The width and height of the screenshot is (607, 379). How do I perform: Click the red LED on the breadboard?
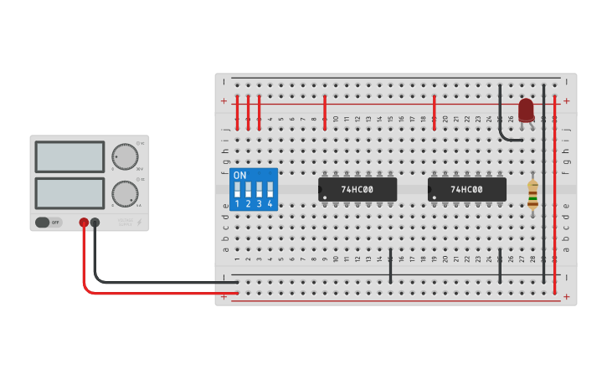tap(526, 110)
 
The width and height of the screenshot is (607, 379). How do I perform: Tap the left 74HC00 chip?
tap(357, 189)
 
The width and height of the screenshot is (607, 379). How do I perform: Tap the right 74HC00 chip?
tap(466, 189)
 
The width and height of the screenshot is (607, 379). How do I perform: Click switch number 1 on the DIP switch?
tap(237, 190)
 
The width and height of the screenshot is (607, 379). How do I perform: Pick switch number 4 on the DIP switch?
tap(270, 190)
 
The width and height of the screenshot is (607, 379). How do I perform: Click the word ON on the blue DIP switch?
tap(240, 176)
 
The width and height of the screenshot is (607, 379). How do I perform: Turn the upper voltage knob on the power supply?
tap(125, 156)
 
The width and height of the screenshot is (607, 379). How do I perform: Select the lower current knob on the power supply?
tap(125, 193)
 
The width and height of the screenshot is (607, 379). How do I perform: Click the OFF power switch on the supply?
tap(49, 223)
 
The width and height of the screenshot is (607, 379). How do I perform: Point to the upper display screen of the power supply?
tap(69, 156)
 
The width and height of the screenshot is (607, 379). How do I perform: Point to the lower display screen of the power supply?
tap(69, 193)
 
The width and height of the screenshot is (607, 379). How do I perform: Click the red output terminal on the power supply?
tap(84, 223)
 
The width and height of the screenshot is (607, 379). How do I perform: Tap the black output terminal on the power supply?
tap(95, 223)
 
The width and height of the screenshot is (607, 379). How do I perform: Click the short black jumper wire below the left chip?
tap(390, 265)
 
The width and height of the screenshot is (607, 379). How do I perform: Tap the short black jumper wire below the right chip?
tap(500, 265)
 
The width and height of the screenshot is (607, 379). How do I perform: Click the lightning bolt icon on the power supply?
tap(139, 223)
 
